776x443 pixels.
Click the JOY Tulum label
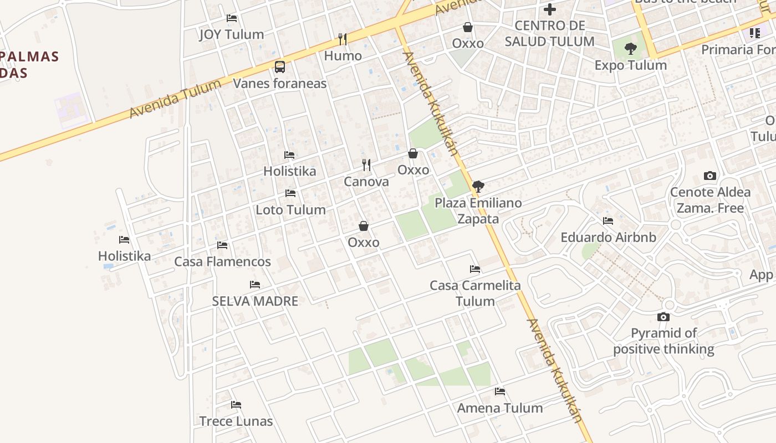click(x=231, y=34)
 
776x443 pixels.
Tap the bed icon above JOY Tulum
click(x=232, y=18)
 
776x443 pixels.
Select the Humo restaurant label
click(x=343, y=55)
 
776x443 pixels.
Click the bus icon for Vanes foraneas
click(x=280, y=67)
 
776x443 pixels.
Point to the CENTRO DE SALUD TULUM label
click(x=549, y=33)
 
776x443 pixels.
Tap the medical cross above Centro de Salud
click(x=549, y=9)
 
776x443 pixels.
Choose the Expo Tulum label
click(x=630, y=65)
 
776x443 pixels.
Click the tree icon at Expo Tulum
click(x=630, y=49)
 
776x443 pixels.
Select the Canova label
click(x=366, y=182)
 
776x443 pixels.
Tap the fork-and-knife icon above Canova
click(x=366, y=165)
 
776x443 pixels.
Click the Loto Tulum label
click(x=290, y=210)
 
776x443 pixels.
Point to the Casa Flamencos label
click(x=222, y=261)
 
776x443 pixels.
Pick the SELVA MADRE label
click(x=255, y=301)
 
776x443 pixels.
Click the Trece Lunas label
click(x=236, y=421)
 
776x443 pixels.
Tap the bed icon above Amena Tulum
click(x=500, y=392)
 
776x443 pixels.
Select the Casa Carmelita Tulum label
click(x=475, y=293)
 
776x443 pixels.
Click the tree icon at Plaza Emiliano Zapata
click(x=478, y=187)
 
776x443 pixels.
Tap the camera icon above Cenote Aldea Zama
click(x=709, y=176)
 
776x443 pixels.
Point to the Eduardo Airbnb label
click(x=608, y=237)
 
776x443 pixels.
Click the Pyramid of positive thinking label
click(x=663, y=341)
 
